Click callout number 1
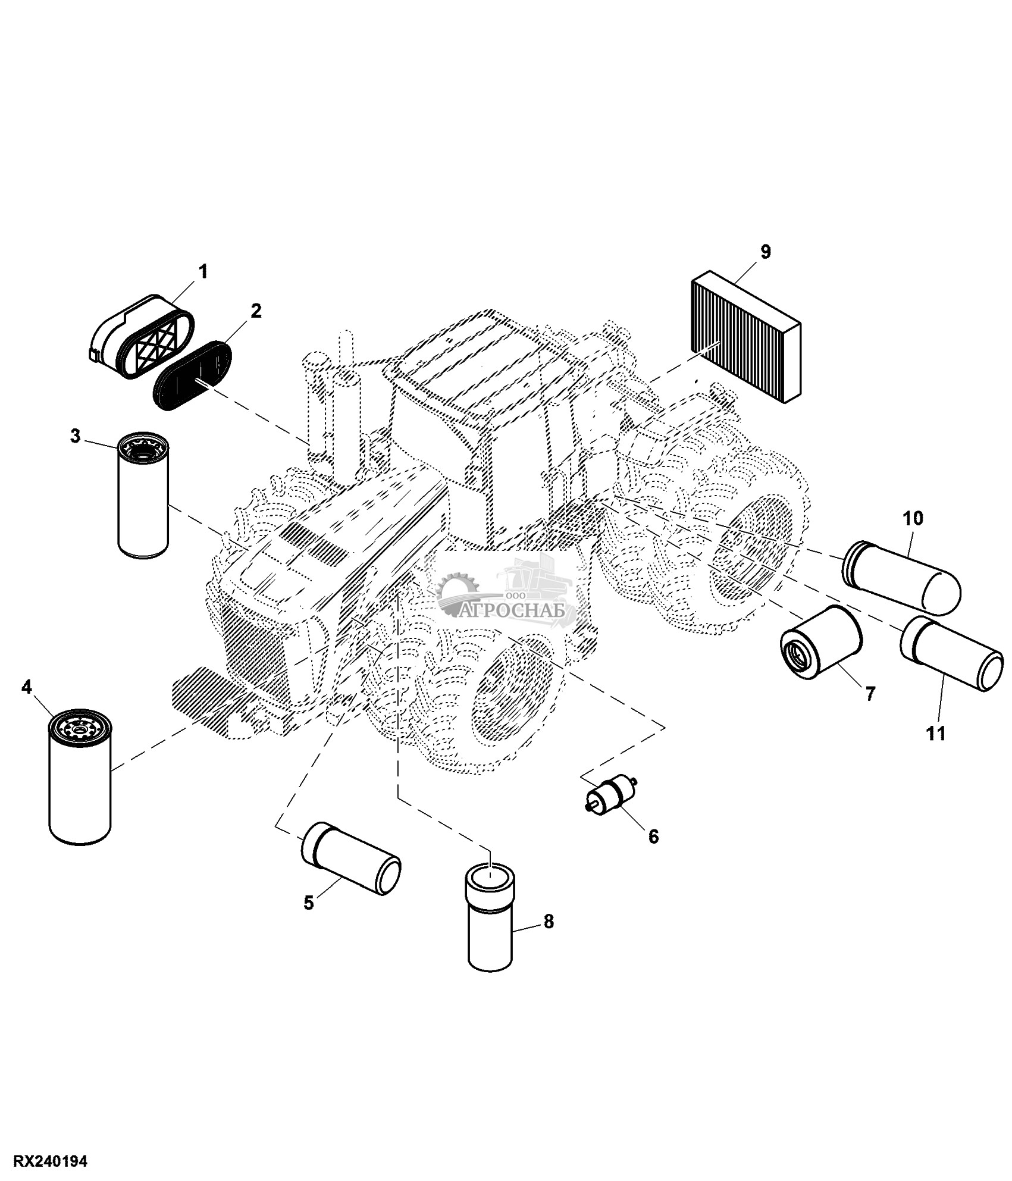coord(203,272)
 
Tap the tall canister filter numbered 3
coord(143,496)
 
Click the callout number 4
coord(26,687)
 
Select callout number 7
coord(870,694)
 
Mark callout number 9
coord(765,252)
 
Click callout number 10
coord(913,519)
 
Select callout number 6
coord(653,837)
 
